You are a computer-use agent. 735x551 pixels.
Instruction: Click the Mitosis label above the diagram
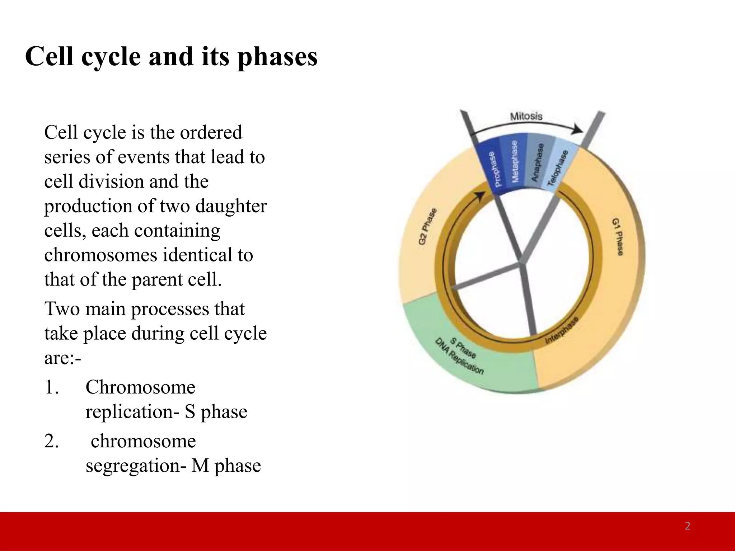point(526,116)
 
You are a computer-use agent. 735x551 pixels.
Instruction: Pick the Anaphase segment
point(537,162)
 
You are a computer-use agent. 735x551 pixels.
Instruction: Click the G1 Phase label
point(618,237)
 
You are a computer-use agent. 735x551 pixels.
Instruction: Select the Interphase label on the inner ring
point(562,330)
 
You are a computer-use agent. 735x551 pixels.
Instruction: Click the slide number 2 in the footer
point(687,526)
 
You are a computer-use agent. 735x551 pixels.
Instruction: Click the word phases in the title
point(277,57)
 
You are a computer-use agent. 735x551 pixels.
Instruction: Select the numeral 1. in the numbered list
point(52,387)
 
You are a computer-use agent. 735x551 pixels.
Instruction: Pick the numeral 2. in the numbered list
point(52,441)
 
